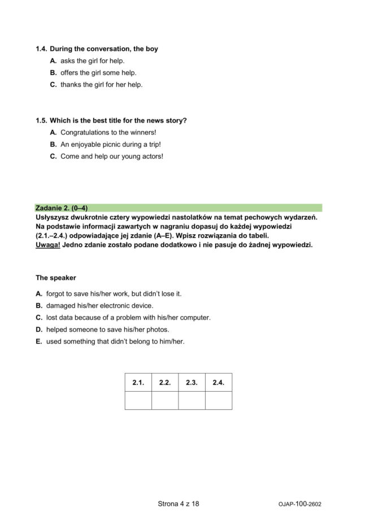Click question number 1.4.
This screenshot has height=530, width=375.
[x=41, y=49]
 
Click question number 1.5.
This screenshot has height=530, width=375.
[x=41, y=121]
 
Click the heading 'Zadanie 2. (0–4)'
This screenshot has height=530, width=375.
[x=61, y=208]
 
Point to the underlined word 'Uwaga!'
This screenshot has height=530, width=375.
[x=47, y=245]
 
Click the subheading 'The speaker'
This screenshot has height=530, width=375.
[x=55, y=278]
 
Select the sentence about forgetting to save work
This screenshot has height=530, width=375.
[x=114, y=294]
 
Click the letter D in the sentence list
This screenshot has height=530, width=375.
[x=39, y=330]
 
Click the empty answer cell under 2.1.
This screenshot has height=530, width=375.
[x=138, y=400]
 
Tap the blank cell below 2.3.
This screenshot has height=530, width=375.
[x=191, y=400]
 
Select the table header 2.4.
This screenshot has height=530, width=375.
[x=218, y=383]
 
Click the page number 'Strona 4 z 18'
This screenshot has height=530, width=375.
[x=178, y=504]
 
